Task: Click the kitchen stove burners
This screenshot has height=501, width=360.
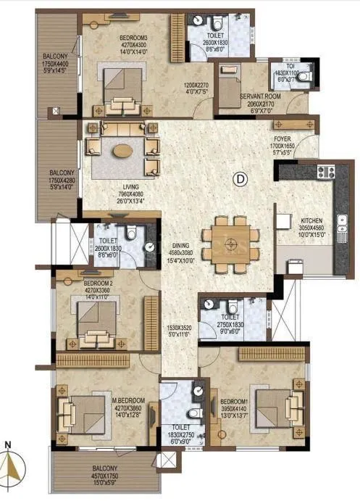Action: (322, 173)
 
